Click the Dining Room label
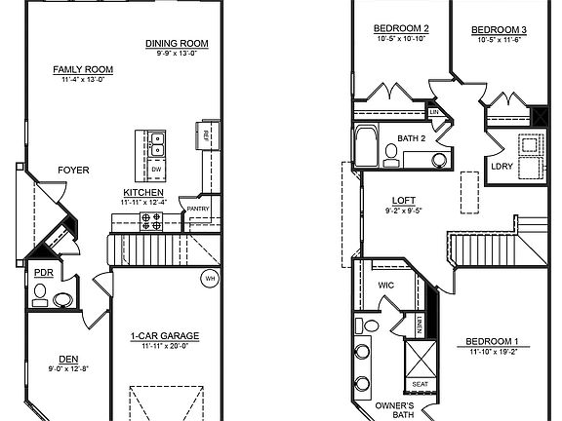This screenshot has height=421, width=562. (177, 43)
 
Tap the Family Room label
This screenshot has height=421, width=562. (83, 70)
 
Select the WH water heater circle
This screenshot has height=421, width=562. (209, 279)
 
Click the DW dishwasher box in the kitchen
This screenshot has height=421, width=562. (156, 169)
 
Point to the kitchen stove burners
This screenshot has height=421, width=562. (154, 223)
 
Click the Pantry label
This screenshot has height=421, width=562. (198, 209)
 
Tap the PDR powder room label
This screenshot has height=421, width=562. (44, 274)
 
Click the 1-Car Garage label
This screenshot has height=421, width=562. (164, 336)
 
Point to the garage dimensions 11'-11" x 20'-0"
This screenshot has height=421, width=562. (164, 346)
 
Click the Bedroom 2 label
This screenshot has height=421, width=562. (402, 29)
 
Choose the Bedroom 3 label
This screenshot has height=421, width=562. (502, 30)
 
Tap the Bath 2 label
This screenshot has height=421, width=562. (411, 138)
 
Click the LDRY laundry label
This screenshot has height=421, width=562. (502, 166)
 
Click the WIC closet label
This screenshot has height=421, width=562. (385, 286)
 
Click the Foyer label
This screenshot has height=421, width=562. (73, 170)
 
